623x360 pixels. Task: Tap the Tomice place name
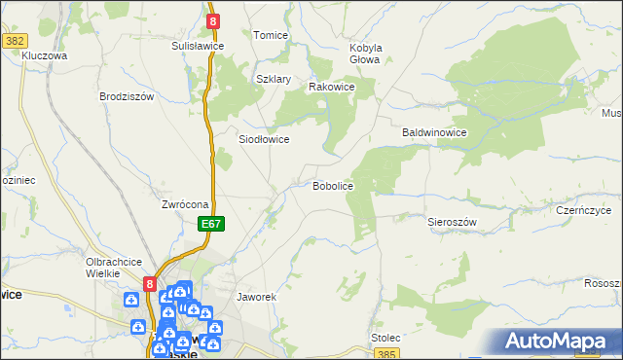271,35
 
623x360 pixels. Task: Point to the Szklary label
274,79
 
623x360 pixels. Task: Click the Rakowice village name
331,87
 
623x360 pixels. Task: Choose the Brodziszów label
128,96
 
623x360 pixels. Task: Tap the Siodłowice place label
264,139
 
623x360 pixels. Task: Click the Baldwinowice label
436,131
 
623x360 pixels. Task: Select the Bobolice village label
332,185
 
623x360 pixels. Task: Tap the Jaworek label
258,297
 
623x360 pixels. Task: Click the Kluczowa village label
44,56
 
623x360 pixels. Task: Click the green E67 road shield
213,224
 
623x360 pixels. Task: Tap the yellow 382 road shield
15,41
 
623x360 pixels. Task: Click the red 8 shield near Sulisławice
212,19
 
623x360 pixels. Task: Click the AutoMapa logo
559,342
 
